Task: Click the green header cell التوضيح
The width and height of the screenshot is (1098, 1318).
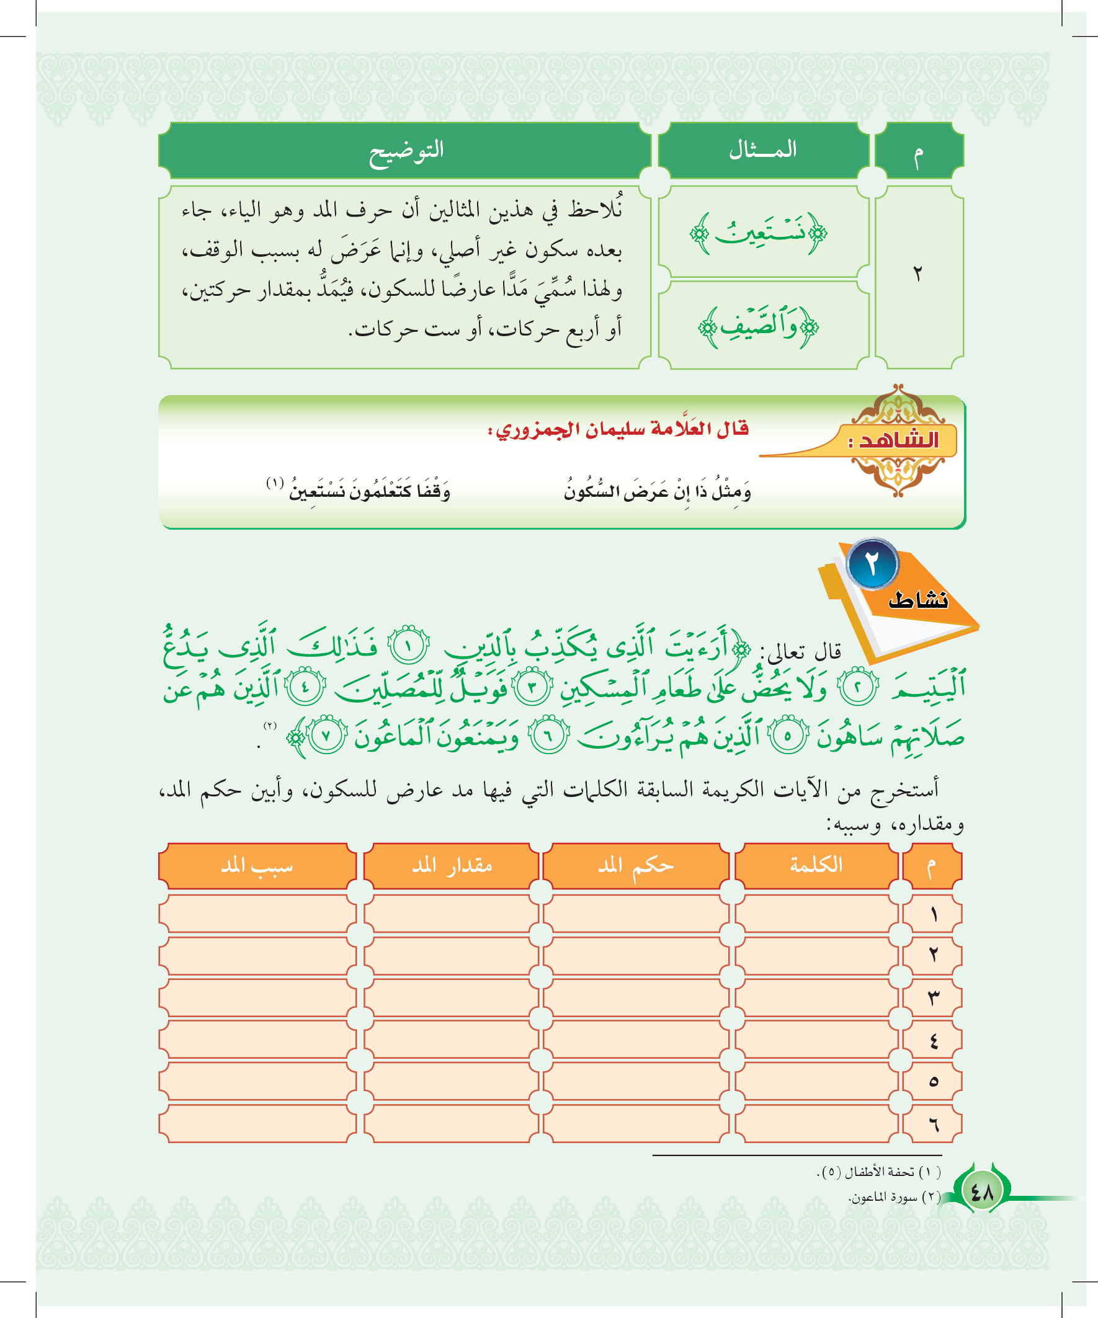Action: tap(406, 151)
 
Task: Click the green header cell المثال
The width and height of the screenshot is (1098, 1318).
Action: tap(762, 150)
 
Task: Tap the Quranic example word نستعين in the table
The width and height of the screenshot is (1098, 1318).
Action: tap(759, 233)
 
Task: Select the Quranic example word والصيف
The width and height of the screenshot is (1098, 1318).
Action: tap(759, 326)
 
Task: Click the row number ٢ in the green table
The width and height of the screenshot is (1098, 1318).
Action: tap(918, 274)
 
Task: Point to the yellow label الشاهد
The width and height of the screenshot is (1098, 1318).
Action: tap(898, 440)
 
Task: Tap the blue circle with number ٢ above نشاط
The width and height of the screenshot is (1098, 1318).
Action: tap(872, 564)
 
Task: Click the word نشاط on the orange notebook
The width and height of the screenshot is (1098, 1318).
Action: tap(917, 600)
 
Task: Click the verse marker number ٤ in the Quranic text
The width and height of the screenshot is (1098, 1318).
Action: tap(305, 687)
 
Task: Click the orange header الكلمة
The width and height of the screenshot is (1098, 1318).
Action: tap(816, 865)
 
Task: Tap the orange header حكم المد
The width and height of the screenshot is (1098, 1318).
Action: tap(635, 866)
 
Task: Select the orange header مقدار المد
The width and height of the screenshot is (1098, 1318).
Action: tap(452, 866)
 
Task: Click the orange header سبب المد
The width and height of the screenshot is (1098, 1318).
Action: tap(257, 866)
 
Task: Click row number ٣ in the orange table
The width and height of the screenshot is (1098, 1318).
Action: tap(933, 997)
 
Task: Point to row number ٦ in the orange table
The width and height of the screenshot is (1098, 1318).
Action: tap(933, 1124)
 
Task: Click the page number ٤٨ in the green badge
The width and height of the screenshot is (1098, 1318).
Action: tap(981, 1191)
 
